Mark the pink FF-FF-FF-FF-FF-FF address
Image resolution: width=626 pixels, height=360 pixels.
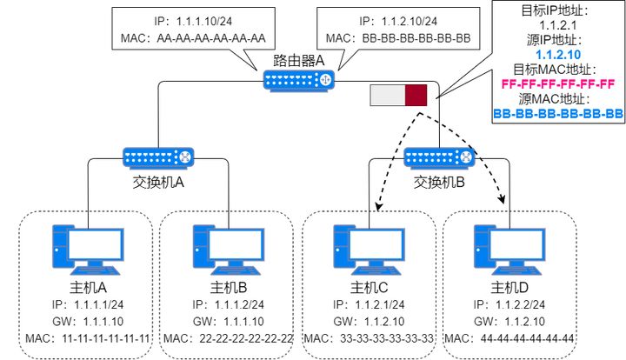point(558,84)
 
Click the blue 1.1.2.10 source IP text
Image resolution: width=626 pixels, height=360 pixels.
point(558,55)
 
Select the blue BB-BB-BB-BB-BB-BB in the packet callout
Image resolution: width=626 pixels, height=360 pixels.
point(558,114)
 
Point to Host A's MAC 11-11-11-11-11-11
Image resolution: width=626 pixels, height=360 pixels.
point(84,337)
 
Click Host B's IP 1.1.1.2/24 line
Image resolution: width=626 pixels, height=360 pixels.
point(225,304)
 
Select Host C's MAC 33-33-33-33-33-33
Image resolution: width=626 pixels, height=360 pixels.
point(366,337)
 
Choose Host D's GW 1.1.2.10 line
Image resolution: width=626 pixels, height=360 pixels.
point(507,321)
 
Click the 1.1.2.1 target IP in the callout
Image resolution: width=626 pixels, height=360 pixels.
point(558,26)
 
